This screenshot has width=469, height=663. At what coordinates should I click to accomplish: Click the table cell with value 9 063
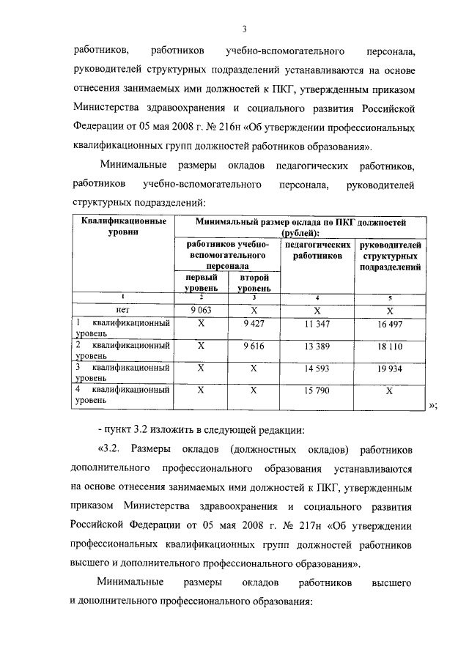[x=201, y=310]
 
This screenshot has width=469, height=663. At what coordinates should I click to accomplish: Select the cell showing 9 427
[x=254, y=323]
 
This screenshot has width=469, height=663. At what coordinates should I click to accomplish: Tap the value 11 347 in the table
[x=317, y=323]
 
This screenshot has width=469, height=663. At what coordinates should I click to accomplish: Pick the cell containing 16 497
[x=390, y=323]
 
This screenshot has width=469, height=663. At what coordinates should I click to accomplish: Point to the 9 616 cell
[x=254, y=345]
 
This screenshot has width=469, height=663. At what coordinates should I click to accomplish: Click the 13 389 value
[x=317, y=345]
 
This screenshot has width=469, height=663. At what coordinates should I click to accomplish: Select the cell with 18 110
[x=390, y=345]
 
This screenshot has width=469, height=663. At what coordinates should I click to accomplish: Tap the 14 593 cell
[x=317, y=368]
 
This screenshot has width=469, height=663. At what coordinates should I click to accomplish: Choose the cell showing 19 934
[x=390, y=368]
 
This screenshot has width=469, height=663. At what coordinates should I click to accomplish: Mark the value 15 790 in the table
[x=317, y=390]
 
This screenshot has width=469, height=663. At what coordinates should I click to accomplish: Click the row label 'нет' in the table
[x=122, y=310]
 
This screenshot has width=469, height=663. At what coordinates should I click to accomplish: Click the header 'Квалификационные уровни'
[x=122, y=226]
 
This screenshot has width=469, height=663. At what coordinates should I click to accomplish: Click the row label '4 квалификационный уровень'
[x=122, y=396]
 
